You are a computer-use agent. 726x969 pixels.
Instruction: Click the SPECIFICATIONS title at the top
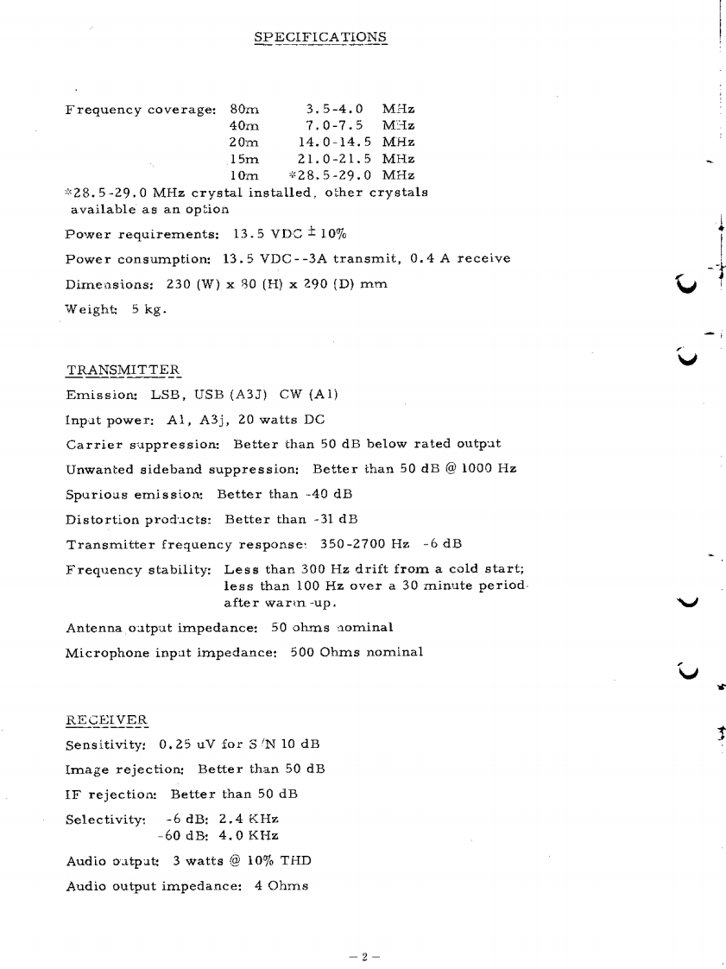click(321, 37)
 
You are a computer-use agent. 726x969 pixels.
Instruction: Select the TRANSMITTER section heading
click(123, 370)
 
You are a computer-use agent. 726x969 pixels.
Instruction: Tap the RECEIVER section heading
click(106, 719)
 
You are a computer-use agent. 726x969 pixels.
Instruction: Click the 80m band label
click(244, 110)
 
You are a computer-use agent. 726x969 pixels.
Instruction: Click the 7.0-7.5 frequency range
click(334, 126)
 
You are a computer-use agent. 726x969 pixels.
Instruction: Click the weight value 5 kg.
click(148, 308)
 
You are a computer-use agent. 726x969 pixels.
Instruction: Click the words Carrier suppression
click(143, 444)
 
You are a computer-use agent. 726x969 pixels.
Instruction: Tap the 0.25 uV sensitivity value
click(183, 744)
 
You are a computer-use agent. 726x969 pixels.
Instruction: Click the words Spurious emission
click(135, 494)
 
